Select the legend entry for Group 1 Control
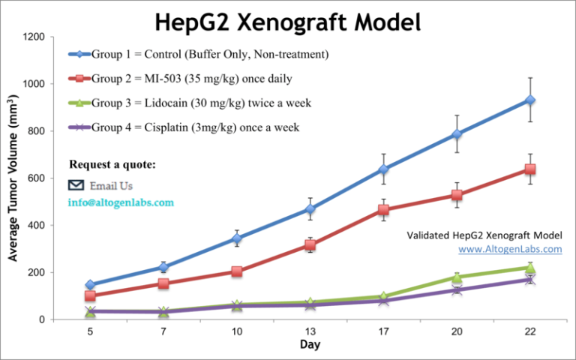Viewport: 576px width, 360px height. point(199,54)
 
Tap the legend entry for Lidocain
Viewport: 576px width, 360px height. point(190,103)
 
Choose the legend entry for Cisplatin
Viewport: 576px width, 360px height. point(184,127)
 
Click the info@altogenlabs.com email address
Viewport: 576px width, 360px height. point(121,202)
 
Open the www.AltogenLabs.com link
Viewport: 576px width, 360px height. point(510,248)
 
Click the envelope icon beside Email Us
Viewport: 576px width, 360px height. point(76,185)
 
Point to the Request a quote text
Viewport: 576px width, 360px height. point(112,164)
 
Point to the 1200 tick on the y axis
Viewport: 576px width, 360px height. point(37,37)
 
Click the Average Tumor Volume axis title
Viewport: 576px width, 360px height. point(13,178)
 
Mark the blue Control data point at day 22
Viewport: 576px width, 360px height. point(530,100)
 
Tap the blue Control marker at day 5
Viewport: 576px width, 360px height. point(90,285)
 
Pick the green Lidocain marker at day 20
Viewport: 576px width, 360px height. point(457,277)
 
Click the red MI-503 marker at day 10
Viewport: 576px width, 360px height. point(237,271)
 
